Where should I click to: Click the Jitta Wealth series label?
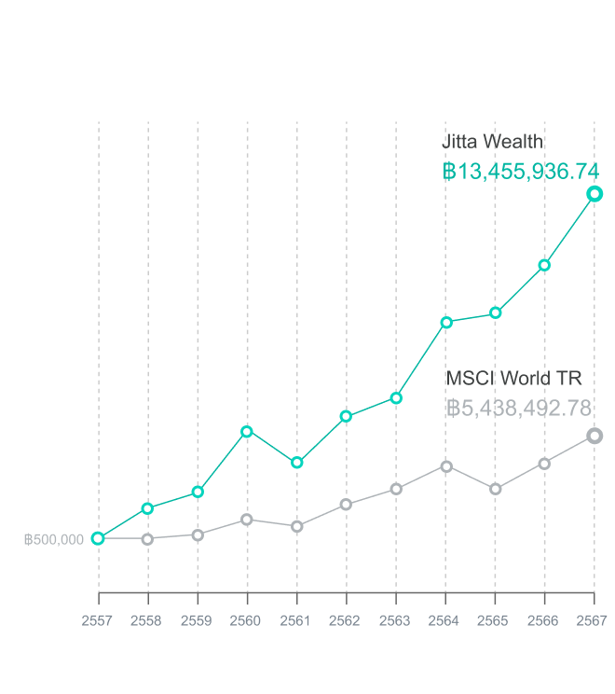tap(492, 142)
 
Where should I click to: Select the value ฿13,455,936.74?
tap(520, 172)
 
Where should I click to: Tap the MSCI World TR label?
tap(513, 378)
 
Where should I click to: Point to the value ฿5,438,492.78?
tap(519, 409)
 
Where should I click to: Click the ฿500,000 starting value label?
tap(54, 539)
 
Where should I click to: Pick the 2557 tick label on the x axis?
tap(98, 619)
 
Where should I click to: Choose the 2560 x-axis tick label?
tap(247, 619)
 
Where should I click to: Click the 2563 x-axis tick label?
tap(396, 619)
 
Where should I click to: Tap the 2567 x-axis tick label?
tap(594, 619)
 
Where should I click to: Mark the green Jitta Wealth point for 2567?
tap(594, 194)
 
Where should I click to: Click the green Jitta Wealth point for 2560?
tap(247, 431)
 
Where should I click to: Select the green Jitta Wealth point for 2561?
tap(297, 463)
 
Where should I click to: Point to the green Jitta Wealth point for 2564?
tap(446, 323)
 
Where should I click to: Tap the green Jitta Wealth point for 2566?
tap(545, 265)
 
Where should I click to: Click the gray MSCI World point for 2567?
tap(594, 436)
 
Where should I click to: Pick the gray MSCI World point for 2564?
tap(446, 466)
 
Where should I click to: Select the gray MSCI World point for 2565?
tap(496, 489)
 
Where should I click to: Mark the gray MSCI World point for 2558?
tap(147, 539)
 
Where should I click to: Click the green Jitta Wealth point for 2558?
tap(147, 508)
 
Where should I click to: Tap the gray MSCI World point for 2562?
tap(347, 505)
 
